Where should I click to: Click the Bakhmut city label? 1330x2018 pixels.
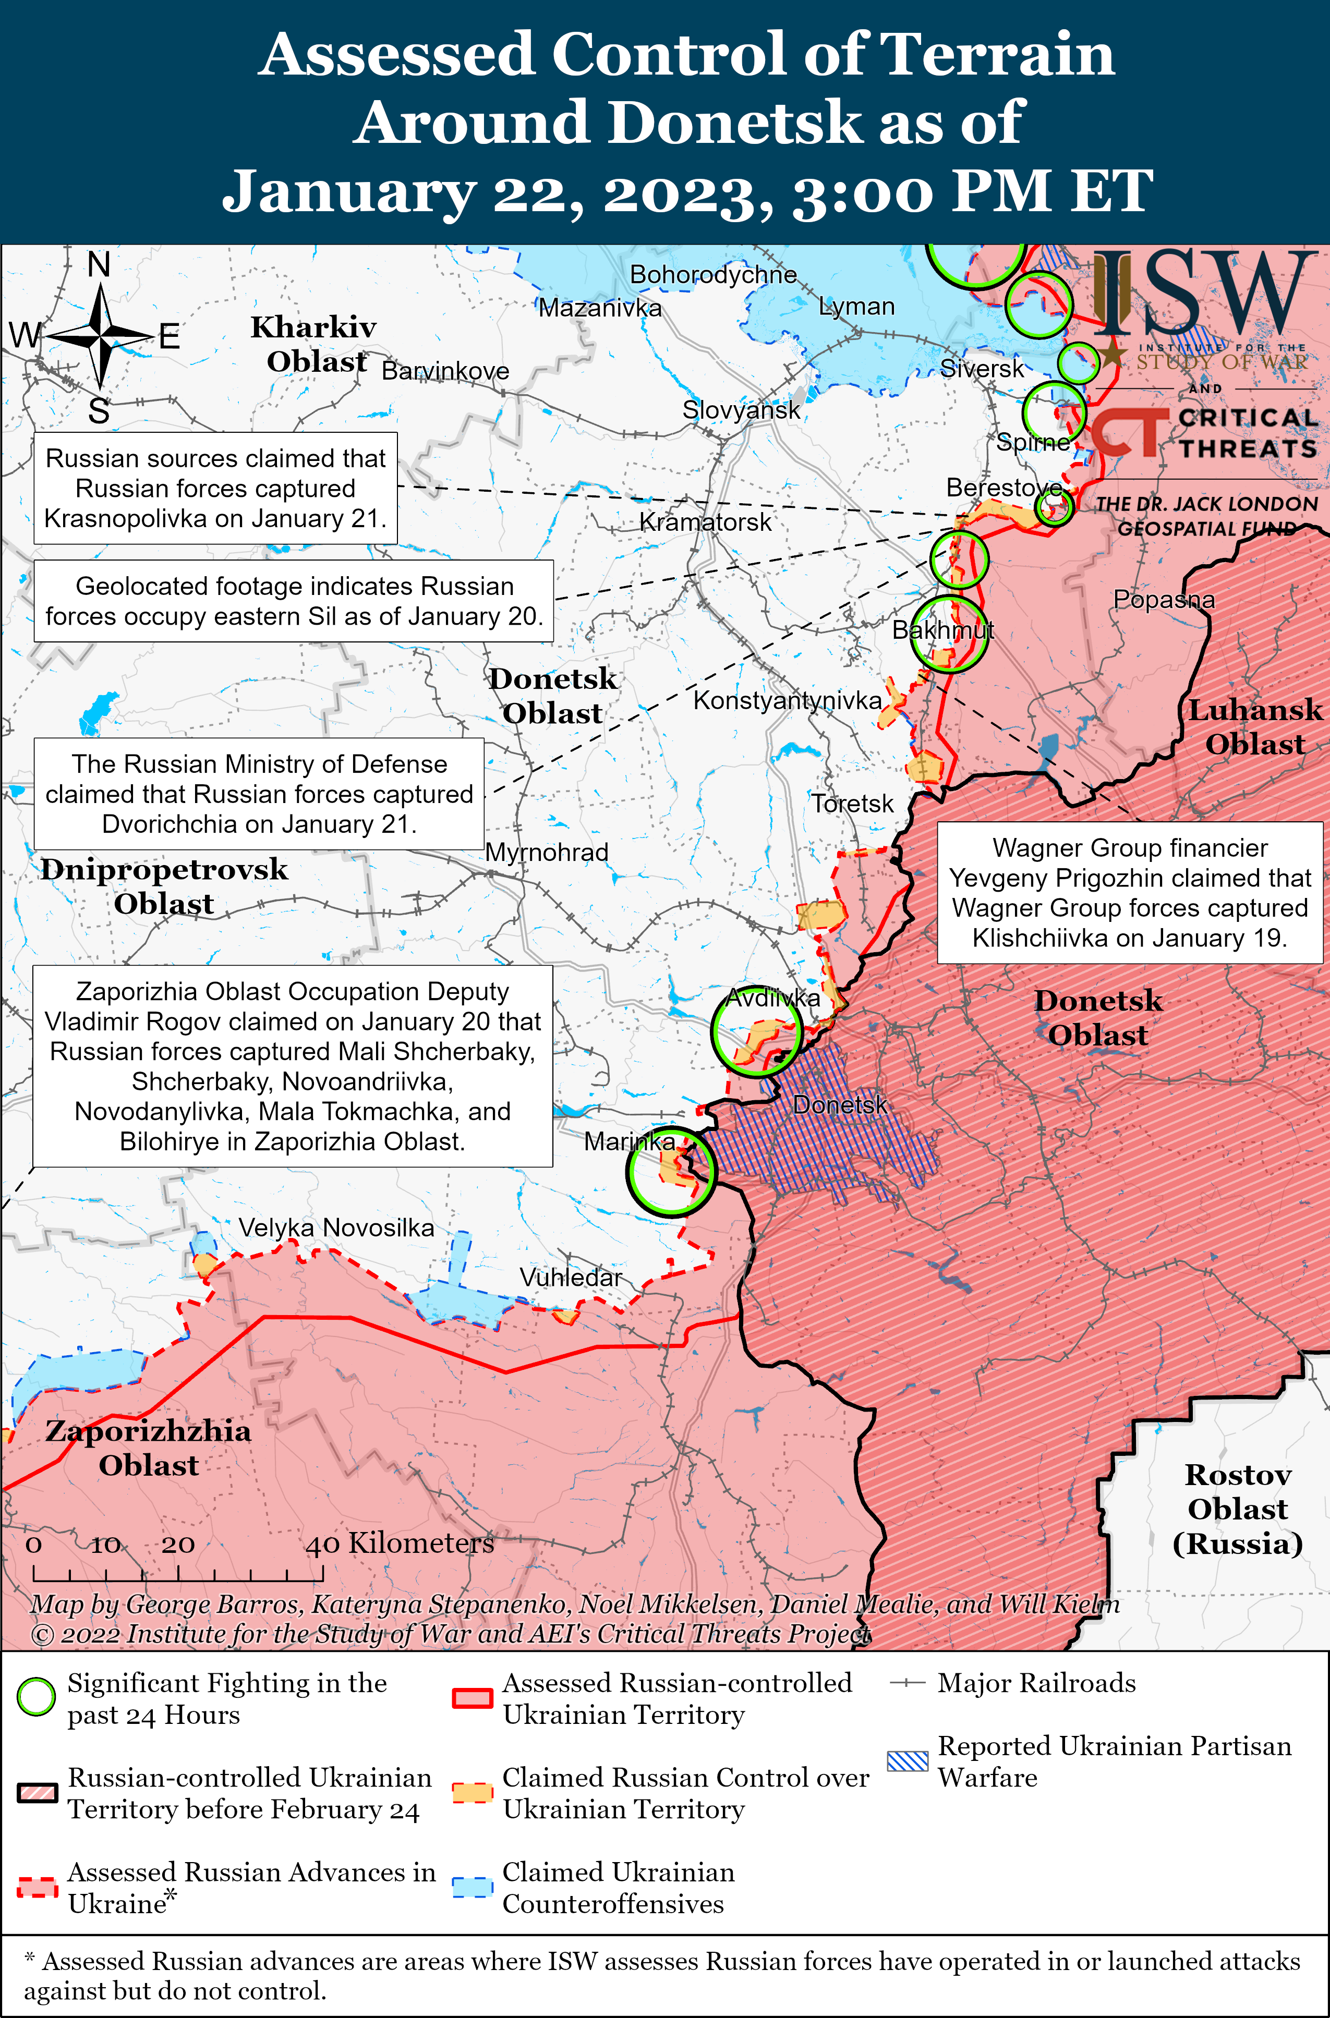pyautogui.click(x=942, y=630)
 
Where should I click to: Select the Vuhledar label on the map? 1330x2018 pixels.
pyautogui.click(x=571, y=1277)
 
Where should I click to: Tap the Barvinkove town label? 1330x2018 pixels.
pyautogui.click(x=445, y=371)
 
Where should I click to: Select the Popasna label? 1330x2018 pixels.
pyautogui.click(x=1164, y=600)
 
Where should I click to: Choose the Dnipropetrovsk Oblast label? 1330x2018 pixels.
pyautogui.click(x=164, y=886)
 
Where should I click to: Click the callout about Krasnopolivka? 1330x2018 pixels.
pyautogui.click(x=215, y=489)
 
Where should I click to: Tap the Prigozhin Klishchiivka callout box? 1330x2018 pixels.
pyautogui.click(x=1129, y=892)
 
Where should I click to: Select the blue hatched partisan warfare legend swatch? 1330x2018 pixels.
pyautogui.click(x=908, y=1761)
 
